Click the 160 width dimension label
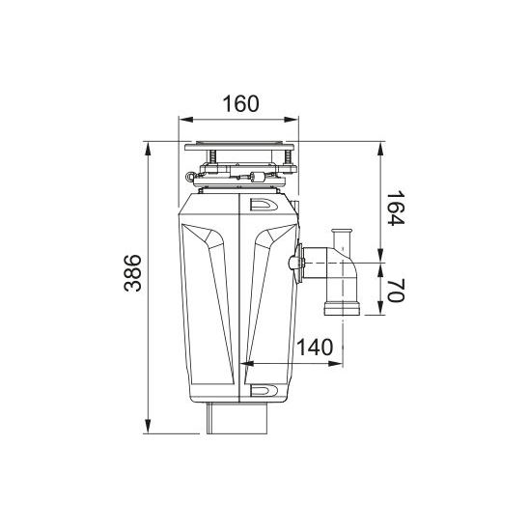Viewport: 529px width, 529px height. tap(241, 103)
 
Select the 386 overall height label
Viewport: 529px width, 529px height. tap(132, 273)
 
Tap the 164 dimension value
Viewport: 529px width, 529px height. tap(395, 209)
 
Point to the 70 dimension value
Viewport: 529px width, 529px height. tap(395, 291)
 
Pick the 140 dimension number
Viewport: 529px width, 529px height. tap(315, 348)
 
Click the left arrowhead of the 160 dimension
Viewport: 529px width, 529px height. tap(185, 120)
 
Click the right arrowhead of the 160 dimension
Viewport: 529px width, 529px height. tap(292, 120)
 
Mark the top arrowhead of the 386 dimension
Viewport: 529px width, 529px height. tap(148, 149)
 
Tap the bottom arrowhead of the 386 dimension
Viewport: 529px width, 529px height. tap(148, 426)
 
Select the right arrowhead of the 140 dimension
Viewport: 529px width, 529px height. tap(336, 363)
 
